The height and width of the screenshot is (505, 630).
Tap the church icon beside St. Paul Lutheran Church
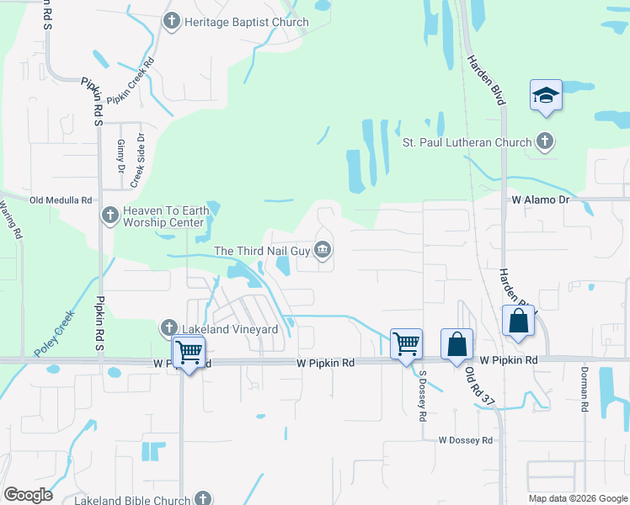click(x=545, y=141)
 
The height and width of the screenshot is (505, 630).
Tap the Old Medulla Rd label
click(x=61, y=200)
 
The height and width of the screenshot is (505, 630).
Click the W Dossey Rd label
click(x=464, y=440)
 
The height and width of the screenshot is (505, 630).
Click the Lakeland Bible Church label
click(x=136, y=499)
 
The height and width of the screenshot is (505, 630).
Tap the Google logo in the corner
click(x=29, y=494)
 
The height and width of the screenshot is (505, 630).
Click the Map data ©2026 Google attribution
click(x=578, y=498)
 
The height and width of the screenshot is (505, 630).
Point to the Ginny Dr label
click(x=121, y=157)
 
